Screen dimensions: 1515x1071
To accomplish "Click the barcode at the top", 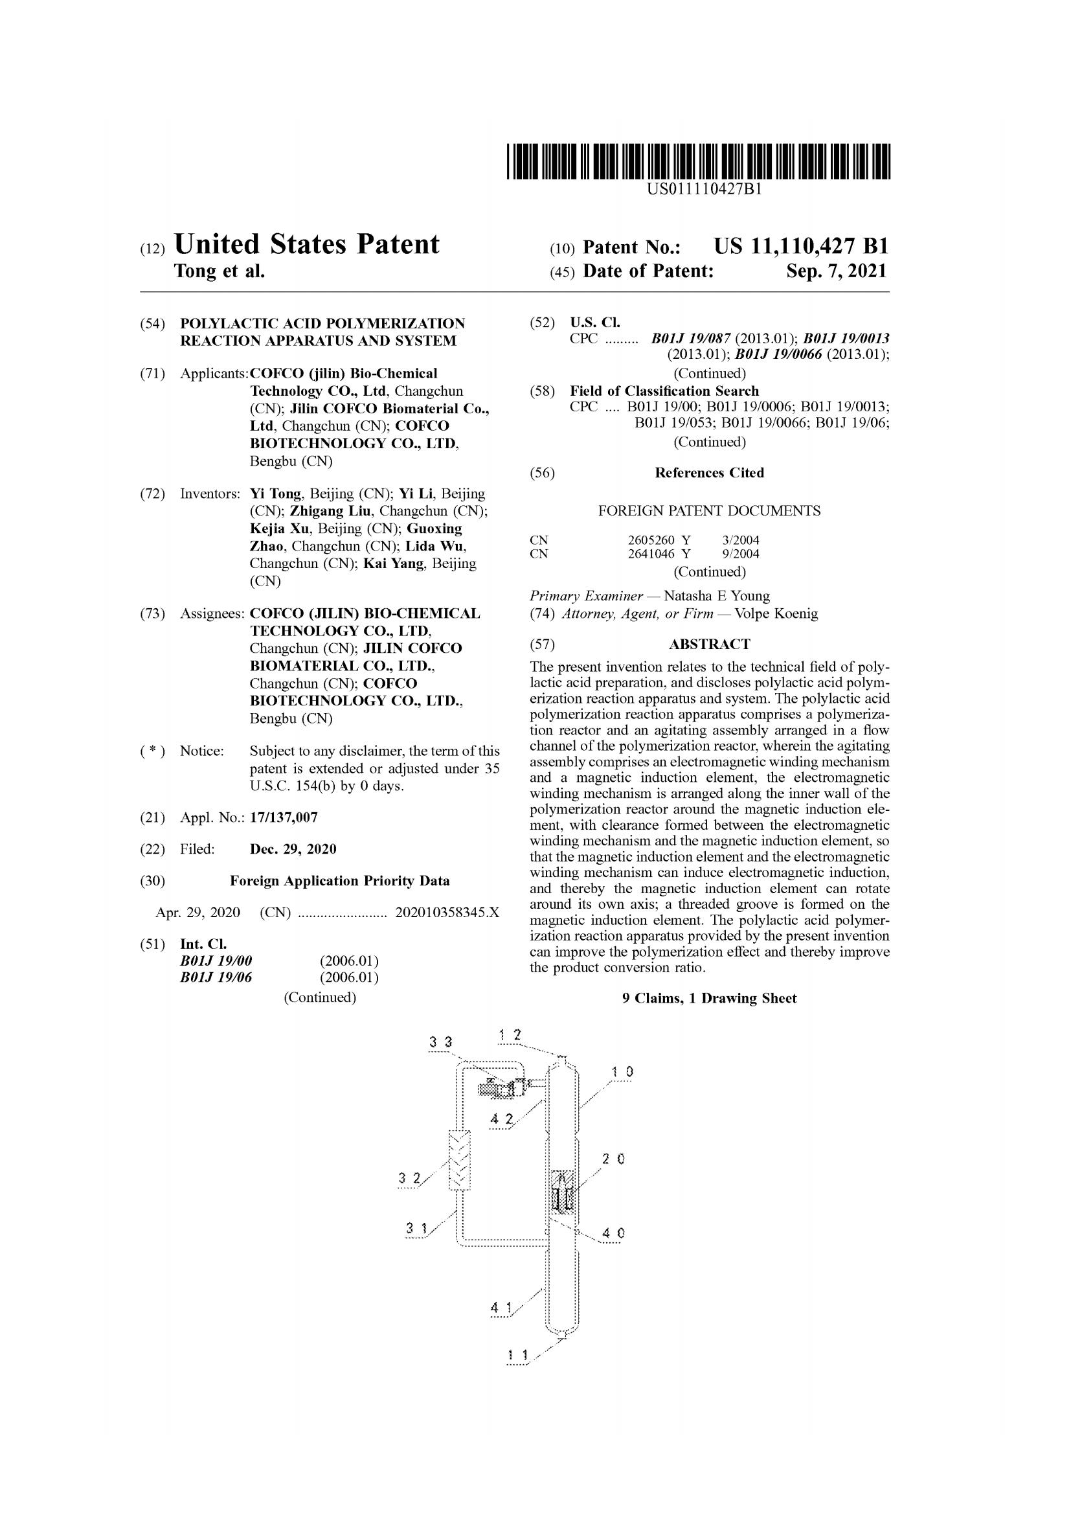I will pos(699,161).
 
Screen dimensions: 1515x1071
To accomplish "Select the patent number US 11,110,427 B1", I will pos(800,247).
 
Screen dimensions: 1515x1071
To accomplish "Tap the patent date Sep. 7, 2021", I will pos(836,271).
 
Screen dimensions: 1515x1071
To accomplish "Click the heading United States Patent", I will pos(306,244).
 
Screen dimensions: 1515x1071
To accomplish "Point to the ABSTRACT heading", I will pos(709,644).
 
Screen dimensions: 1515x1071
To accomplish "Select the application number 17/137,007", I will pos(284,817).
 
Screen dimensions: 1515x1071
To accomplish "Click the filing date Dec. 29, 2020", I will pos(293,849).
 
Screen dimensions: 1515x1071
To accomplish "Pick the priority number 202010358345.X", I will pos(447,913).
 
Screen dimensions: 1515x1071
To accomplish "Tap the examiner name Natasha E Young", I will pos(716,596).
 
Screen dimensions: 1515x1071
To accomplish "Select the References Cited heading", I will pos(709,472).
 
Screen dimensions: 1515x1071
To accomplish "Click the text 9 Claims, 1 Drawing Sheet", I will pos(709,998).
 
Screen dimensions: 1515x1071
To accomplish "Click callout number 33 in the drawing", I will pos(440,1042).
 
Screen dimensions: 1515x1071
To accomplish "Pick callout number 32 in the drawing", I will pos(409,1178).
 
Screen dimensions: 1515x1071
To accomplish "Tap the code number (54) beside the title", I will pos(152,324).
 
